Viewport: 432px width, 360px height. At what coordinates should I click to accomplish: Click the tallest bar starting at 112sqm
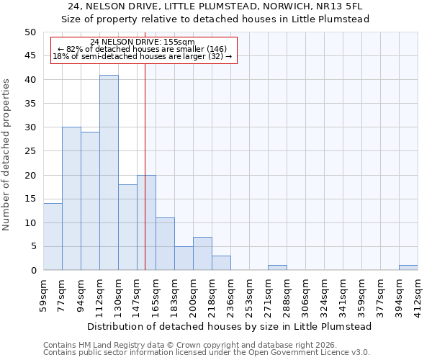click(109, 173)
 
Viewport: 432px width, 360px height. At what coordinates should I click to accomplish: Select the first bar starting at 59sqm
click(53, 237)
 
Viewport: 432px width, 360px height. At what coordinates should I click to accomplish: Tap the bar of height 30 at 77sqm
click(71, 199)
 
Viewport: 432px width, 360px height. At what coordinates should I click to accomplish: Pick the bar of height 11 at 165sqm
click(165, 244)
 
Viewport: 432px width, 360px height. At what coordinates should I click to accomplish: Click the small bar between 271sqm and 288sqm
click(277, 268)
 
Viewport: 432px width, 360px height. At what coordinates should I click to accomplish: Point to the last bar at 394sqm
click(408, 268)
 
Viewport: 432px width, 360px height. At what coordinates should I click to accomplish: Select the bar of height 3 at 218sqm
click(221, 263)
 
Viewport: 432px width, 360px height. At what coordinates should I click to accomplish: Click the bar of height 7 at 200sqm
click(202, 253)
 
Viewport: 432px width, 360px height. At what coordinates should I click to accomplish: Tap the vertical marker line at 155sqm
click(145, 180)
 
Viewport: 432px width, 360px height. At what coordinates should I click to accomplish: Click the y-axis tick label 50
click(30, 32)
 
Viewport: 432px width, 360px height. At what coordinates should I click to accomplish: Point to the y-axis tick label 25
click(30, 151)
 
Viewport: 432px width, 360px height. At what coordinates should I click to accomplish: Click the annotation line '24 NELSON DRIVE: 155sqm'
click(143, 42)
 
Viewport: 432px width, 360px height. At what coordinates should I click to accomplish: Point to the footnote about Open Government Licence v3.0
click(207, 353)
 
